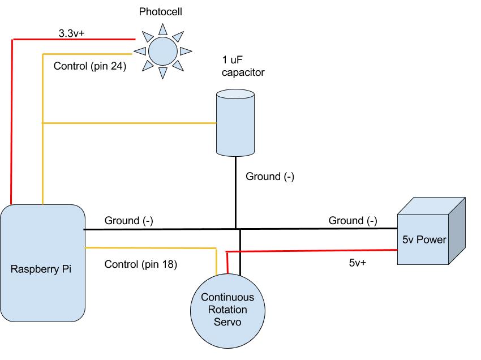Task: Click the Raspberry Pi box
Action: pos(42,263)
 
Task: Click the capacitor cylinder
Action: pos(235,122)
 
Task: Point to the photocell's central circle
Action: pos(162,50)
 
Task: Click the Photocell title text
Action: pos(164,12)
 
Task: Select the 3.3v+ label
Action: pos(71,33)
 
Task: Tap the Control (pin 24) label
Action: pos(89,66)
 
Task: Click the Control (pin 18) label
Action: pos(141,264)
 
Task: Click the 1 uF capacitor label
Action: pos(243,66)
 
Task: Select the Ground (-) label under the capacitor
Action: pos(269,177)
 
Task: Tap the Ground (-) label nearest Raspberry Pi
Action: pos(128,220)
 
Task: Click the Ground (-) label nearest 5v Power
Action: pos(353,220)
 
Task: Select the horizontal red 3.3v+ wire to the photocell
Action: pos(74,40)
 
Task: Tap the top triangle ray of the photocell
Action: pos(163,29)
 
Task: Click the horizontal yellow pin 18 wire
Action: pos(150,247)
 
